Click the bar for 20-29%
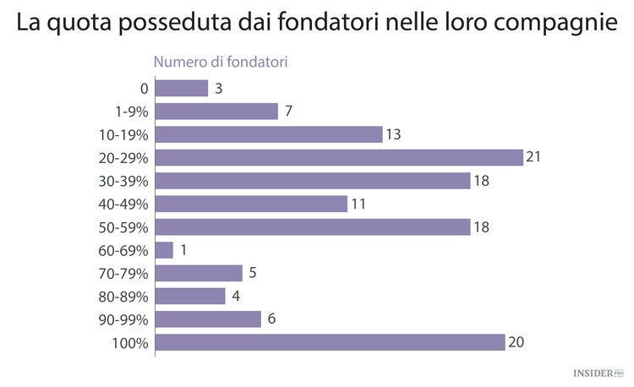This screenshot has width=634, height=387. (x=338, y=158)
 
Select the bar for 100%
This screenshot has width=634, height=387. (x=330, y=343)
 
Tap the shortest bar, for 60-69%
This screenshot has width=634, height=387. (x=164, y=251)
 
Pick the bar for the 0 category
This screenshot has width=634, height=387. (x=182, y=89)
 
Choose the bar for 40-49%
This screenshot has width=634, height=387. (x=251, y=204)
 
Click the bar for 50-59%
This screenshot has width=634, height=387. (x=312, y=227)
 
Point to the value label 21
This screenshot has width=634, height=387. (x=533, y=158)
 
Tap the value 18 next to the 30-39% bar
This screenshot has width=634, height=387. (x=481, y=181)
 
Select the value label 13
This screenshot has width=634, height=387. (x=392, y=135)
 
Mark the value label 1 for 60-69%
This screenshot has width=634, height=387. (x=183, y=251)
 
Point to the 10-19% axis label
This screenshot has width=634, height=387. (x=123, y=135)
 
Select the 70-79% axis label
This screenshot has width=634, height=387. (x=123, y=274)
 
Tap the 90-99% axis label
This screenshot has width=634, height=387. (x=123, y=320)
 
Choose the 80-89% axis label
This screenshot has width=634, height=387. (x=123, y=297)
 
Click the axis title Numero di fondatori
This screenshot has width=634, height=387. (x=220, y=61)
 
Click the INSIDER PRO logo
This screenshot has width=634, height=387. (x=599, y=372)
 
